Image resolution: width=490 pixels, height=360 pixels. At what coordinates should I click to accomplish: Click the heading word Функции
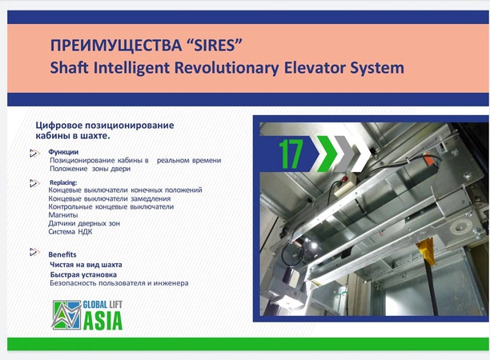64,152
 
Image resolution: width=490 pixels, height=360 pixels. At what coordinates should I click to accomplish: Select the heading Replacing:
63,182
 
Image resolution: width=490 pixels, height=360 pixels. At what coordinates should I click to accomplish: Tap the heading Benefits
62,254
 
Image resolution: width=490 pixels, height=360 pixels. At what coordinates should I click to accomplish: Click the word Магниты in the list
64,215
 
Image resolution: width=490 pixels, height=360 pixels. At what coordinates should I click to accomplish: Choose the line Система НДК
70,232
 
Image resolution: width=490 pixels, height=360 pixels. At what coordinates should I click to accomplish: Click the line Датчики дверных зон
84,223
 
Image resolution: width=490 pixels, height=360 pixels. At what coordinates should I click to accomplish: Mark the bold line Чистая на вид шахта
86,264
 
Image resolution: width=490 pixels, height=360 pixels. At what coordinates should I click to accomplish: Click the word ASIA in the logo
102,322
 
